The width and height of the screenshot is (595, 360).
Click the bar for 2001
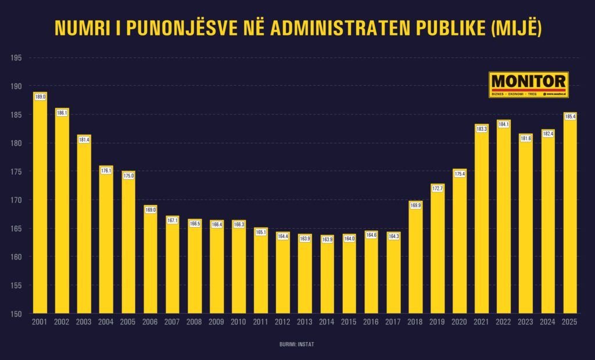coord(40,203)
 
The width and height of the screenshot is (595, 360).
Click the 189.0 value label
coord(40,96)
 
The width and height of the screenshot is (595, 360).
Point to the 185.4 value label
coord(570,117)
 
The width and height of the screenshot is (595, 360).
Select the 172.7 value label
coord(438,189)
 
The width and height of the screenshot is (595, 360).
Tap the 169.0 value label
coord(150,210)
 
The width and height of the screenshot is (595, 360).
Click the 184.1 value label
coord(504,124)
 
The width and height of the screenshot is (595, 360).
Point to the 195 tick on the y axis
coord(16,58)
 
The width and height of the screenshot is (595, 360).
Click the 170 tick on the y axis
coord(16,200)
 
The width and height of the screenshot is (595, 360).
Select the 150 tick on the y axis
coord(16,314)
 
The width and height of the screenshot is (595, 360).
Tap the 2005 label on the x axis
coord(128,322)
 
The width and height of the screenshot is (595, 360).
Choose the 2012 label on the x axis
coord(283,322)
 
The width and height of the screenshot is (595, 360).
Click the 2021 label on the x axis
coord(482,322)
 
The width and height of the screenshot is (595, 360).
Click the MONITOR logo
coord(528,85)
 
